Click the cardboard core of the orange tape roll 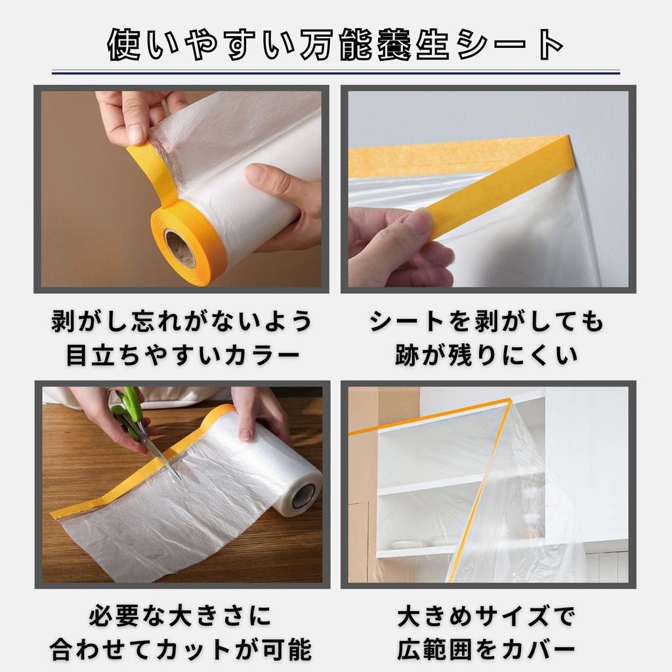pyautogui.click(x=178, y=249)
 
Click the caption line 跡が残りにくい pyautogui.click(x=486, y=355)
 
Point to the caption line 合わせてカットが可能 pyautogui.click(x=180, y=650)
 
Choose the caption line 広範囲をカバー pyautogui.click(x=486, y=650)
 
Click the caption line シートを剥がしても pyautogui.click(x=486, y=322)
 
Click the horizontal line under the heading pyautogui.click(x=336, y=72)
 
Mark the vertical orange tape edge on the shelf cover pyautogui.click(x=486, y=486)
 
